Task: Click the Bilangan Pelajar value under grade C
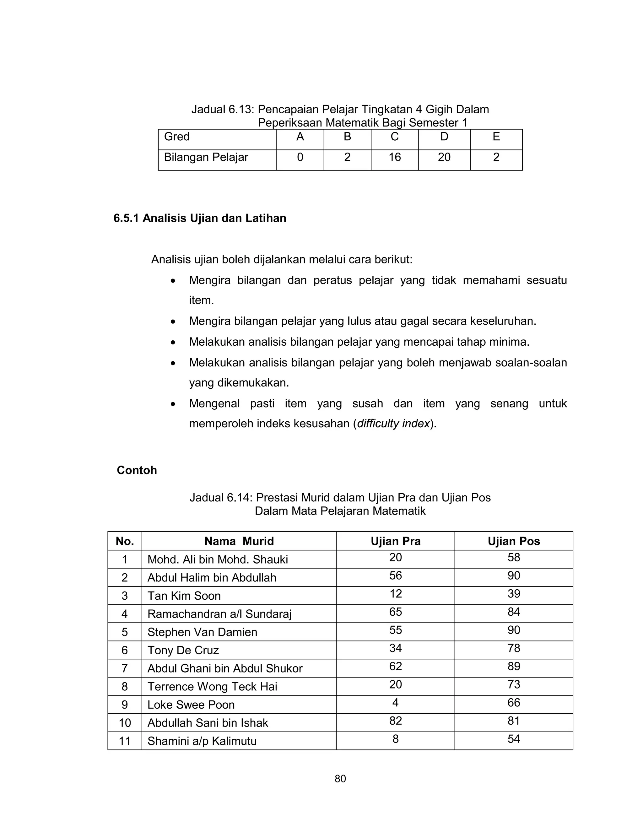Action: (395, 157)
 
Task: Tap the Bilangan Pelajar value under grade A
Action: (300, 157)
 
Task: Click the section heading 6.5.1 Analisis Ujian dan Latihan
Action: (200, 218)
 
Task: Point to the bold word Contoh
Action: (137, 470)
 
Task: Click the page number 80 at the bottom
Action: (340, 779)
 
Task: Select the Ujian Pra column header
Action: (395, 541)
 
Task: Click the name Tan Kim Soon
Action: (184, 596)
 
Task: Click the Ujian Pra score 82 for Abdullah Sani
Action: (395, 721)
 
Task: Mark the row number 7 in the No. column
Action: (125, 668)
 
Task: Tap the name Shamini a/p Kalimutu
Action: (202, 741)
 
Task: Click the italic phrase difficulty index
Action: (393, 424)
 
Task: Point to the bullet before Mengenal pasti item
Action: (173, 404)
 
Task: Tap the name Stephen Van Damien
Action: (202, 632)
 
